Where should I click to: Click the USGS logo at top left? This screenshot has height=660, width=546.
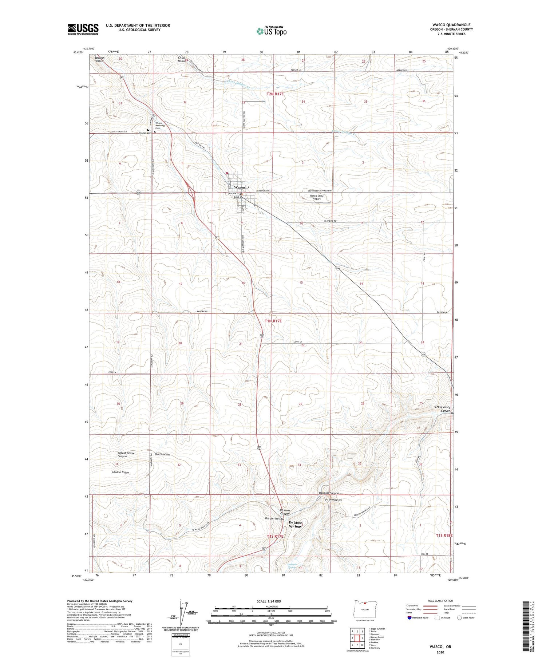click(83, 29)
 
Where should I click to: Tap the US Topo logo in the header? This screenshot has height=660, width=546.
click(271, 31)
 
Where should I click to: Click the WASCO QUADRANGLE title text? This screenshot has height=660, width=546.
click(451, 25)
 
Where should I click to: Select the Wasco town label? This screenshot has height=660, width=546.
click(239, 187)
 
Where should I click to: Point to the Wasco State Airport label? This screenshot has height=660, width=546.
click(316, 197)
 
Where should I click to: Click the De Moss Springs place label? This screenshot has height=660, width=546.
click(295, 524)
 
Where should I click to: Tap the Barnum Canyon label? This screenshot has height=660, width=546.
click(329, 493)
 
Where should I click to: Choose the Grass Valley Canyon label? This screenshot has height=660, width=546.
click(442, 409)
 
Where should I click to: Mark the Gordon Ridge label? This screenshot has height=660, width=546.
click(120, 472)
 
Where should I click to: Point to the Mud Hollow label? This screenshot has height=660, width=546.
click(162, 454)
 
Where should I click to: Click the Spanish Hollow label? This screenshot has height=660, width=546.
click(99, 59)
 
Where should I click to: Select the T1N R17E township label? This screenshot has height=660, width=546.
click(273, 321)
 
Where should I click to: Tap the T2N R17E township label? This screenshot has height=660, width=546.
click(275, 94)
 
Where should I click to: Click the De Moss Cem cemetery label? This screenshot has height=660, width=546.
click(335, 500)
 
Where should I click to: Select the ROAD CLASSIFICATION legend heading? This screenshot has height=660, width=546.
click(440, 601)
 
